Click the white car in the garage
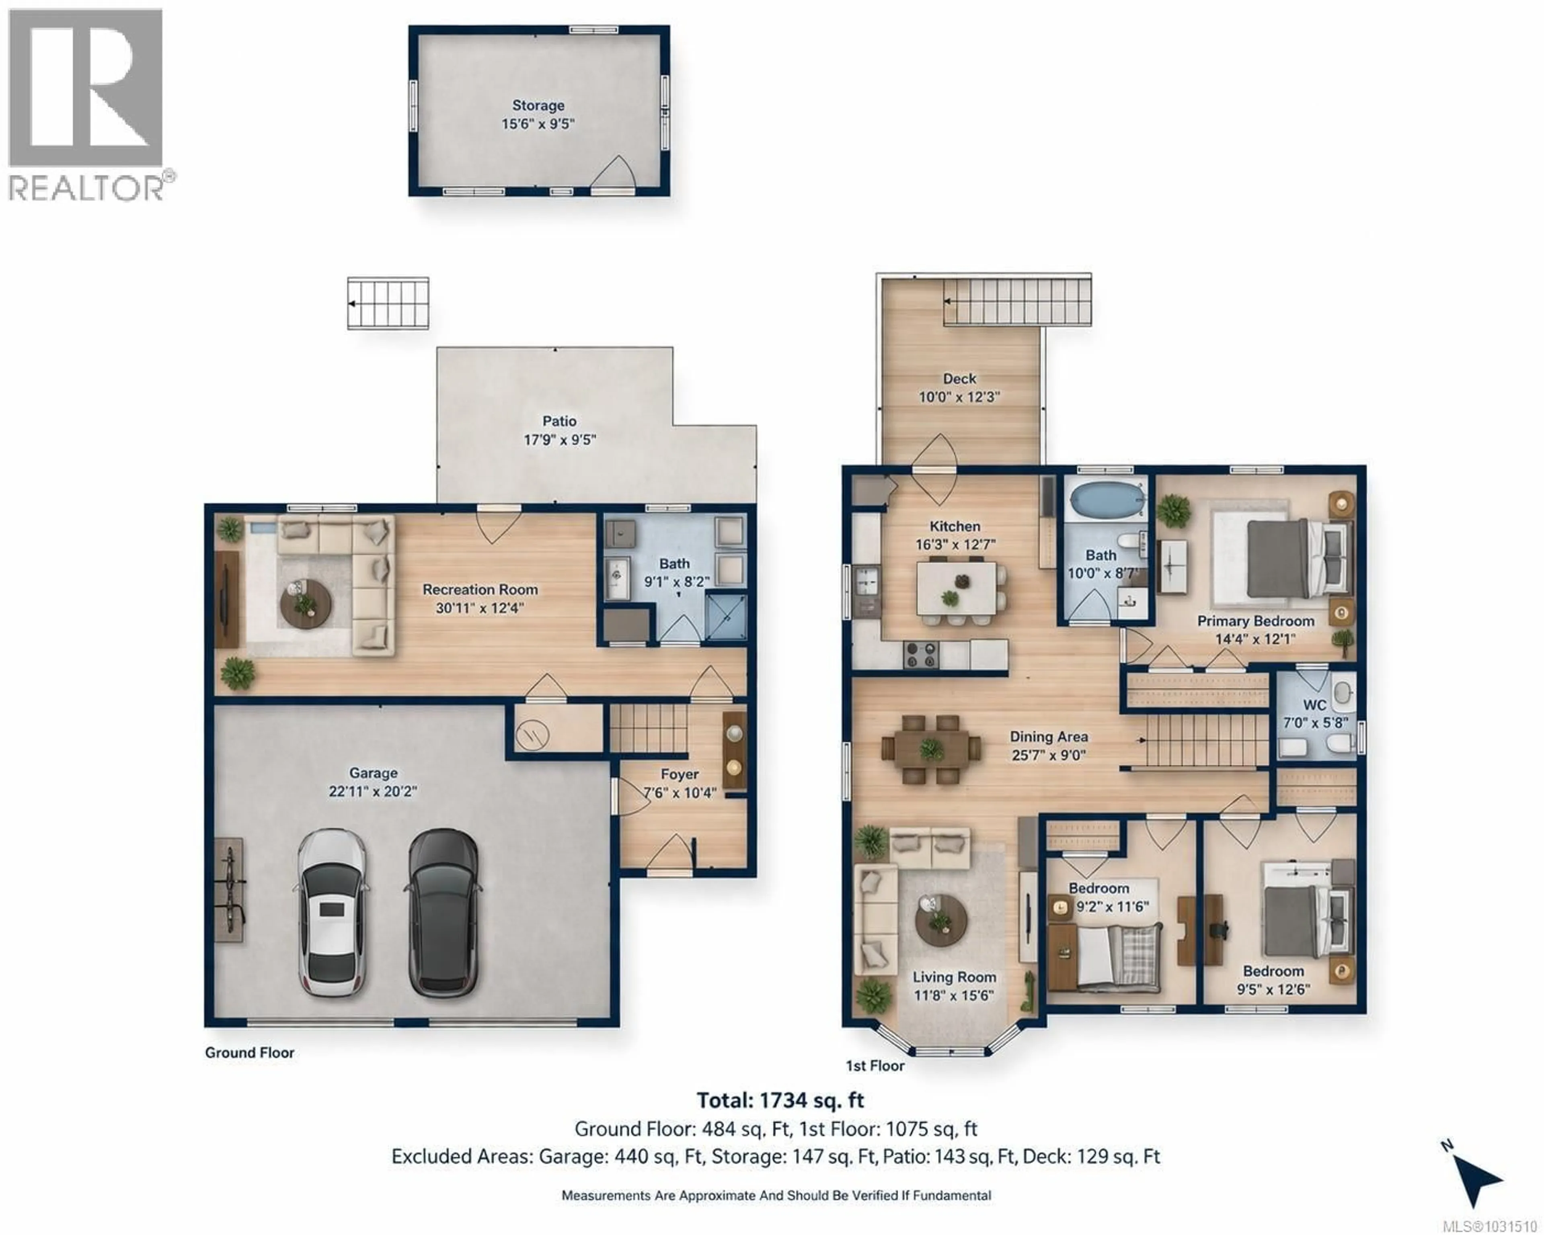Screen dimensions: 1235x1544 tap(331, 913)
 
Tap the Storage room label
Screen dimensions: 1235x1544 tap(538, 105)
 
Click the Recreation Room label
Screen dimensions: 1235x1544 tap(480, 589)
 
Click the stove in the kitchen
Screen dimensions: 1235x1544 tap(921, 653)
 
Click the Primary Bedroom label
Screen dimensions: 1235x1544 tap(1255, 621)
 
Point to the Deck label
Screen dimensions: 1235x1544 tap(959, 378)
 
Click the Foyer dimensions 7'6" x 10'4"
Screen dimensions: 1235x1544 tap(680, 793)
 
